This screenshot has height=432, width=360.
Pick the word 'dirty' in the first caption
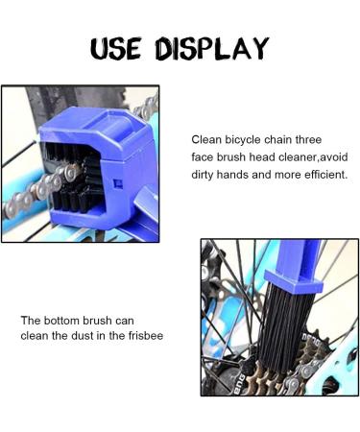[x=206, y=176]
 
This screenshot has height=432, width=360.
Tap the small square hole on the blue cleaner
[x=116, y=180]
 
